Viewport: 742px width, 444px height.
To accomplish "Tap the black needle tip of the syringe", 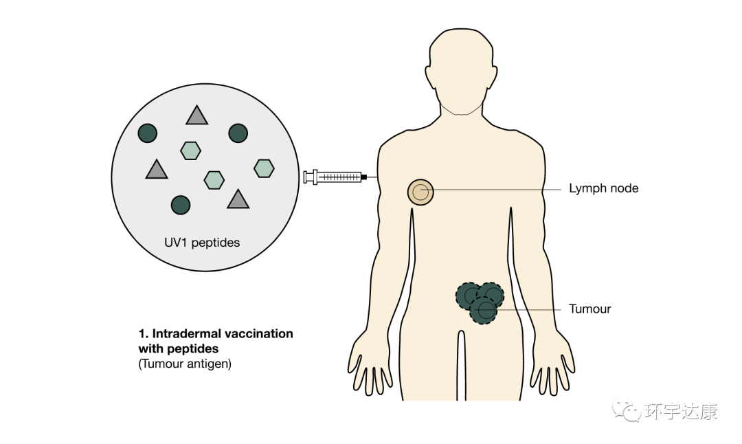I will (363, 177).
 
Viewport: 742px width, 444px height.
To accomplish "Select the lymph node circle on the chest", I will (420, 192).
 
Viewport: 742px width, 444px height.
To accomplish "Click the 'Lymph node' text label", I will (603, 188).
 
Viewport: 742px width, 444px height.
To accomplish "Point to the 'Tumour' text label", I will (589, 309).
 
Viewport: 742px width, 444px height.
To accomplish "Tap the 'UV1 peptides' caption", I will (201, 243).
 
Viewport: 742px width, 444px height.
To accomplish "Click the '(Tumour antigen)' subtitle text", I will (185, 364).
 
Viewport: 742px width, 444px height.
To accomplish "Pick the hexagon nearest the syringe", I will (264, 168).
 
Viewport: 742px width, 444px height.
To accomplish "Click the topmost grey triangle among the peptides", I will (196, 115).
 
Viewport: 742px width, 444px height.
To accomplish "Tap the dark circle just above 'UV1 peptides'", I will (180, 204).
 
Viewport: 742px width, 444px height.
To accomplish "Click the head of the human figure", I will (460, 65).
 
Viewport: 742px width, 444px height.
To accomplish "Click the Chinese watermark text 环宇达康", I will (681, 412).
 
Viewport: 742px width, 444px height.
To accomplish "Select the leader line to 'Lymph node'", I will (495, 188).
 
